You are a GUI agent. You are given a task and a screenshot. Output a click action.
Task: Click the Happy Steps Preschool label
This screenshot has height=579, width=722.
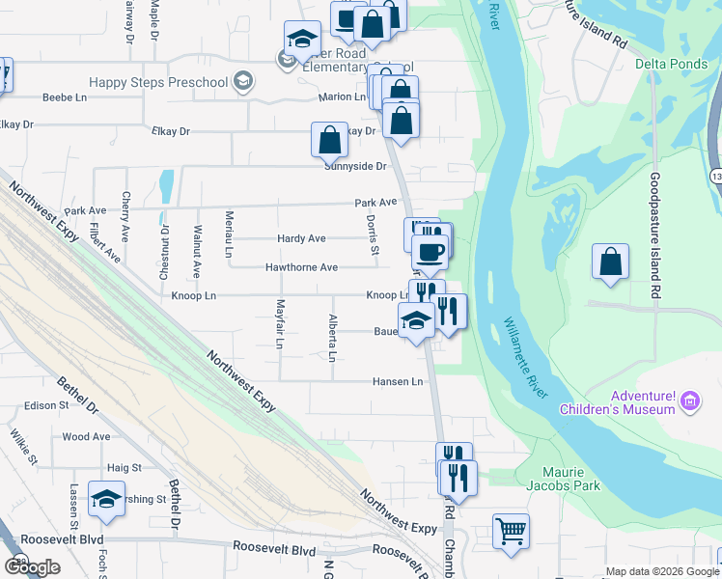[x=158, y=82]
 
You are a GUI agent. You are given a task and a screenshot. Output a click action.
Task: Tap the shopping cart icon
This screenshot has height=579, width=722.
[x=511, y=530]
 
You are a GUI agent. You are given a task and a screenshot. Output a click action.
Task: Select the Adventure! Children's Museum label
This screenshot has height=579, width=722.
[x=617, y=402]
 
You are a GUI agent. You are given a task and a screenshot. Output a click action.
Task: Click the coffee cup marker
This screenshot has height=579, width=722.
[x=430, y=253]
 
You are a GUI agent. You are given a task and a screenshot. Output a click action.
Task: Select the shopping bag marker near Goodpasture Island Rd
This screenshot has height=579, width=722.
[x=610, y=262]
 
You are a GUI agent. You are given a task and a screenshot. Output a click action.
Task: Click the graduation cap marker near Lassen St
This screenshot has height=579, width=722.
[x=105, y=499]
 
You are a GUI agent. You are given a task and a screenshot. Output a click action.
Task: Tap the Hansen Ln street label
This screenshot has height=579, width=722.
[x=398, y=382]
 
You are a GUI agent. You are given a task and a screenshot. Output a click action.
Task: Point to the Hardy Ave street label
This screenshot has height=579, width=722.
[x=300, y=238]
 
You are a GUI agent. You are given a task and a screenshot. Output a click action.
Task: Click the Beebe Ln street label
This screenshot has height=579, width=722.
[x=64, y=98]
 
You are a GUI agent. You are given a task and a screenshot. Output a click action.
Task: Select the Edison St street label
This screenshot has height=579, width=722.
[x=47, y=405]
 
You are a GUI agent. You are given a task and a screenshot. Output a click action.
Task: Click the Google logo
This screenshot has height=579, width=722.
[x=32, y=567]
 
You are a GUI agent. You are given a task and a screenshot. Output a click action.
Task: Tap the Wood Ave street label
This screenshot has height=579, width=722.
[x=86, y=436]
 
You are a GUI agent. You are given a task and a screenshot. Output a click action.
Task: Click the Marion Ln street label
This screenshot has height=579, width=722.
[x=342, y=97]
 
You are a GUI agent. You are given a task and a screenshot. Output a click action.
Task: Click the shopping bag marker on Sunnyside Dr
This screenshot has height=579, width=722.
[x=329, y=139]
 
